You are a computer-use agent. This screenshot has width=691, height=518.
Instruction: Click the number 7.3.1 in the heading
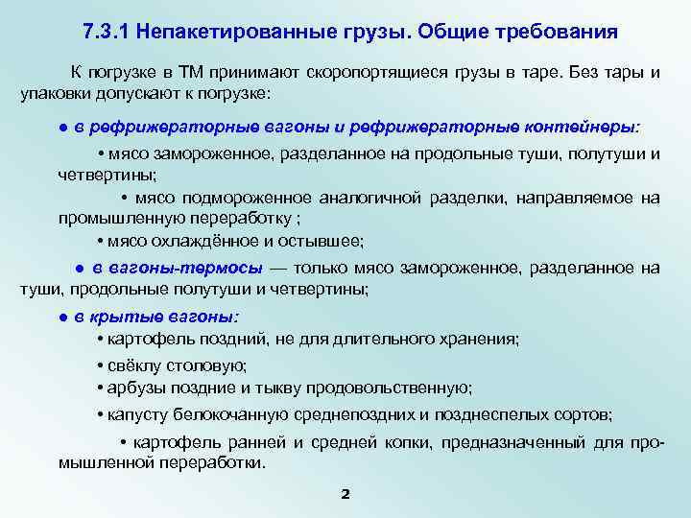tap(107, 31)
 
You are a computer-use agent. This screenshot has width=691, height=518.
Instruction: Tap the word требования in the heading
tap(550, 31)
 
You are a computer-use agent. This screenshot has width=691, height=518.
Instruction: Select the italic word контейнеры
tap(584, 127)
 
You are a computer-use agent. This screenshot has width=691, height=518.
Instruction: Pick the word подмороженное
tap(243, 198)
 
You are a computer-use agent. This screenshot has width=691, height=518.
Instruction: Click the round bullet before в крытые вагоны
tap(60, 316)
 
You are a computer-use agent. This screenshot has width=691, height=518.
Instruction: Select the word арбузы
tap(136, 388)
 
